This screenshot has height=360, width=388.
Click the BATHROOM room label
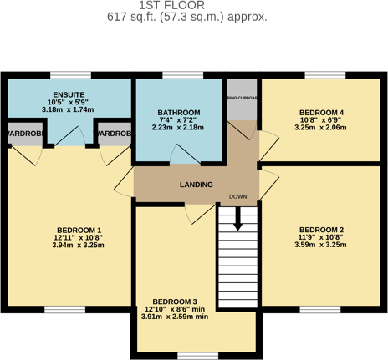pos(179,113)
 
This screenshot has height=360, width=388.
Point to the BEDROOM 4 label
pos(322,113)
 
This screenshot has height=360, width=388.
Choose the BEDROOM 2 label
pos(322,230)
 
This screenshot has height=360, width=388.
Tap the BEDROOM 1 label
pos(79,230)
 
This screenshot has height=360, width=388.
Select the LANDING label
pos(196,185)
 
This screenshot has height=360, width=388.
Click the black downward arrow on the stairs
pos(238,219)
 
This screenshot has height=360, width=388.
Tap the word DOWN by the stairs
pos(238,198)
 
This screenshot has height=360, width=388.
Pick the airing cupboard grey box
pos(242,100)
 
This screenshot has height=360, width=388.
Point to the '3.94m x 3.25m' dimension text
pos(79,246)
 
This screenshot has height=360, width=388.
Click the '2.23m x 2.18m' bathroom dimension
pos(179,128)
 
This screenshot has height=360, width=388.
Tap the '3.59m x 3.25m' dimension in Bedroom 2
pos(322,246)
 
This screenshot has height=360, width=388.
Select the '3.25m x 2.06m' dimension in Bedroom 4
pos(322,129)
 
